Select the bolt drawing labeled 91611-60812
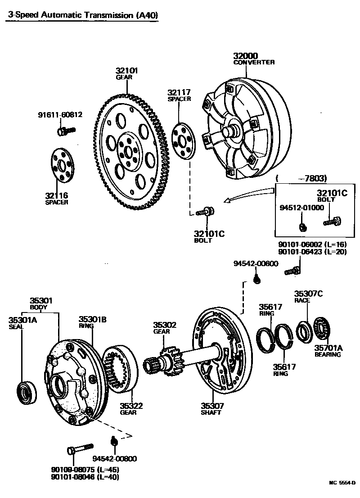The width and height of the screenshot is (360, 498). coord(66,131)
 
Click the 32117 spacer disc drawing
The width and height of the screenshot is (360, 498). coord(184,140)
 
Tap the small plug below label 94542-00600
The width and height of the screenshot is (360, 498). coord(256,279)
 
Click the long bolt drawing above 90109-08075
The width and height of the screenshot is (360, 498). coord(79,449)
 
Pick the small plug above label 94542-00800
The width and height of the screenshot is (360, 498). coord(114,439)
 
